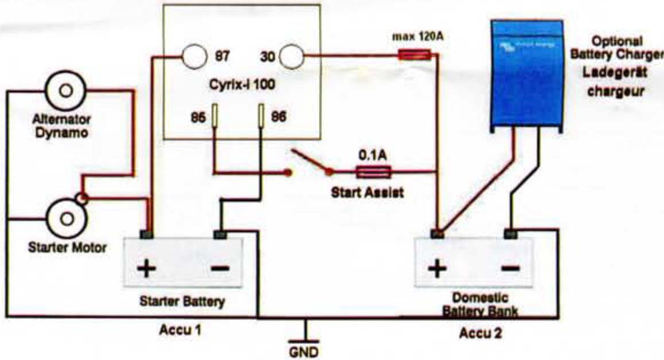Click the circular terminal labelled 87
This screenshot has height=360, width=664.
(193, 57)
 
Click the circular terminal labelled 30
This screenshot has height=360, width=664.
(291, 57)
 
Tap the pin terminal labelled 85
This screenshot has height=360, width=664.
(215, 116)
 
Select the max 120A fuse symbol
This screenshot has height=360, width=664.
(415, 55)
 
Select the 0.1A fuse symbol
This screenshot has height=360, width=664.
(373, 171)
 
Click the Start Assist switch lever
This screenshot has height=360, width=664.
(310, 162)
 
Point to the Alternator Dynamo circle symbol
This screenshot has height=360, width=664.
(65, 91)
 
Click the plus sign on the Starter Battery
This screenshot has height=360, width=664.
(146, 268)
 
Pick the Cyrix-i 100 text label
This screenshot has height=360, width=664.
(241, 86)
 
